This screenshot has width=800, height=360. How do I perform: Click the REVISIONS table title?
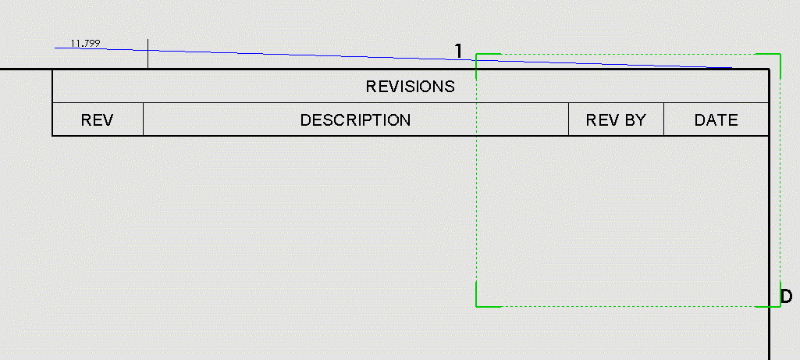[410, 86]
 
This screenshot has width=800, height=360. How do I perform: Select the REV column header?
[98, 120]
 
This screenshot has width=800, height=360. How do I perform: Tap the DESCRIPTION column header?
[355, 120]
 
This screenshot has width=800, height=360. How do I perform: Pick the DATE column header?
[716, 120]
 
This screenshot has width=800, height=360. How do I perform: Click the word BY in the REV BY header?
[634, 120]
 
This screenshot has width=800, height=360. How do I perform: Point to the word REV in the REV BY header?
[601, 120]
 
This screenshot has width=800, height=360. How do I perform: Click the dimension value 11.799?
[85, 44]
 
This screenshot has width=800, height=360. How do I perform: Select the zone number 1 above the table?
[459, 51]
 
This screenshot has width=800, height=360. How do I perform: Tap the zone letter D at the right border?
[787, 296]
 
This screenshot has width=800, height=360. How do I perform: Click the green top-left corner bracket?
[477, 55]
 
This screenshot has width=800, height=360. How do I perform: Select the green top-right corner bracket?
[780, 55]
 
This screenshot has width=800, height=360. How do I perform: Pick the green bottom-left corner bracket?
[477, 305]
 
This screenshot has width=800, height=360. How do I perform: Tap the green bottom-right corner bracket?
[780, 305]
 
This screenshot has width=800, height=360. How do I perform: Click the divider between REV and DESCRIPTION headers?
[144, 119]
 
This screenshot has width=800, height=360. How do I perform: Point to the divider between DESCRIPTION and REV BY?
[568, 119]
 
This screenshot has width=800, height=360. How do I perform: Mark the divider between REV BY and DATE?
[663, 119]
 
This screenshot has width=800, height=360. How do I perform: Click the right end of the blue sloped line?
[731, 68]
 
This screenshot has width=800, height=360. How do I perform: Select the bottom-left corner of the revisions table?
[52, 136]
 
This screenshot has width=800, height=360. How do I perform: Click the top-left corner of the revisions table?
[52, 70]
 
